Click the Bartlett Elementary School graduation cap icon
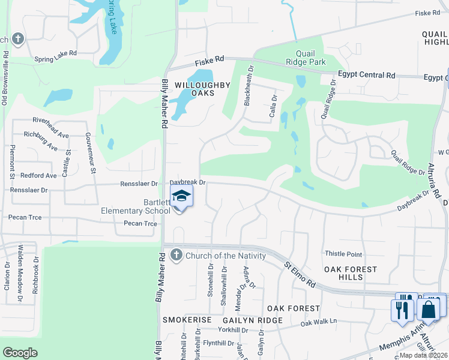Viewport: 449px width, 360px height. (x=181, y=197)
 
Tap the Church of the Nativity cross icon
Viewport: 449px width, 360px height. (x=176, y=256)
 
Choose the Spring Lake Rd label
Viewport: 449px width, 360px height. (x=56, y=53)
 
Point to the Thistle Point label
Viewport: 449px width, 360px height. (x=343, y=254)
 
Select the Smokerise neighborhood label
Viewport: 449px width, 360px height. (x=187, y=320)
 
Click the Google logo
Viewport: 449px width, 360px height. (x=20, y=353)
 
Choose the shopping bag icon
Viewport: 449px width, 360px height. (x=429, y=310)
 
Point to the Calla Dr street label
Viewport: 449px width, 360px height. (x=274, y=106)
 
